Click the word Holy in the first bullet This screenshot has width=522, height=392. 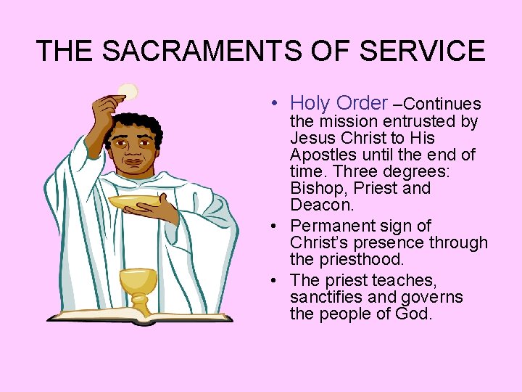click(310, 104)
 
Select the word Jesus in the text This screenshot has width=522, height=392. click(310, 138)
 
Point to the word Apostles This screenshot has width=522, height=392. click(320, 155)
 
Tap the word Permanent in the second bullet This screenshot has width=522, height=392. click(329, 226)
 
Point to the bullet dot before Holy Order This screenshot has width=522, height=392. click(278, 105)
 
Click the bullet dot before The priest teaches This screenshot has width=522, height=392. click(278, 280)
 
